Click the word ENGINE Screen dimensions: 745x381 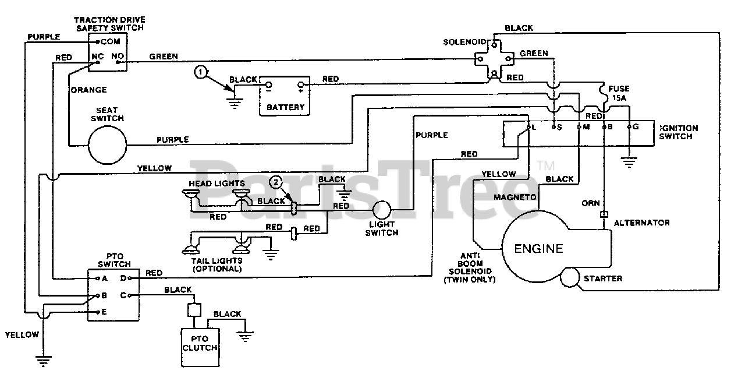pos(538,248)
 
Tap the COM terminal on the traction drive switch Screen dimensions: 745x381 pos(98,42)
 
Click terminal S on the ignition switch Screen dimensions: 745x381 pos(554,126)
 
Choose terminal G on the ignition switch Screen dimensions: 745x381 pos(629,126)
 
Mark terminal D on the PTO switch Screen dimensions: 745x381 pos(129,278)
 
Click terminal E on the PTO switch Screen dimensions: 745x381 pos(98,312)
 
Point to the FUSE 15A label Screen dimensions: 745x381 pos(619,93)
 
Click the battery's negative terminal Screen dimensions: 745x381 pos(268,84)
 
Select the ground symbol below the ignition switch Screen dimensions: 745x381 pos(629,163)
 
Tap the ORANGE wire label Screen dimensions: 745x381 pos(89,90)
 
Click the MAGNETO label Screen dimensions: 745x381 pos(515,197)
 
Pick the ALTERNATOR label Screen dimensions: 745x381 pos(641,223)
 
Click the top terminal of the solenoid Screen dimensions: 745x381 pos(494,45)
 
